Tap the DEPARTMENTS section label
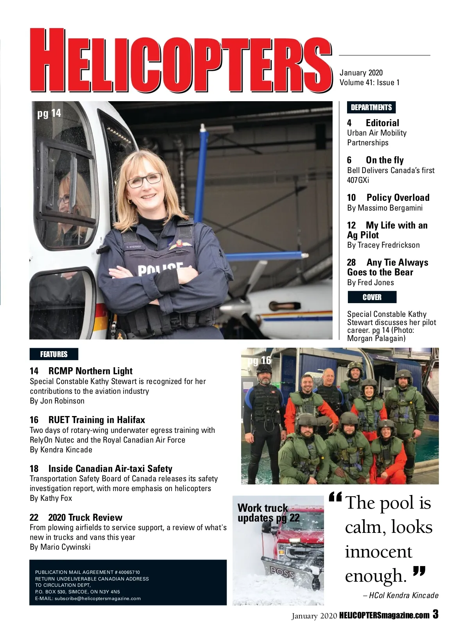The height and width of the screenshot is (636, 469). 371,107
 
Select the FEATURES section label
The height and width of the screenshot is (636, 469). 54,354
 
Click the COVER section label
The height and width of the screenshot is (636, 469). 372,297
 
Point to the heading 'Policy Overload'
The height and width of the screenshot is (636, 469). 397,198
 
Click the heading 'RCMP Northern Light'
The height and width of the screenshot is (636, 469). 90,371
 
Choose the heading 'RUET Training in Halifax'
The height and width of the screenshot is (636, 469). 97,420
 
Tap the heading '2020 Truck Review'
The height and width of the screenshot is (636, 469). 85,518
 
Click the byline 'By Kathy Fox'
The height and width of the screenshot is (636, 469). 51,498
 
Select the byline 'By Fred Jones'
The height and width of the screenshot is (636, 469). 371,282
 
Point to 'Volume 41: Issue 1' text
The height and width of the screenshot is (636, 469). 369,82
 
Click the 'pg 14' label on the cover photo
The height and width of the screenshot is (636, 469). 49,113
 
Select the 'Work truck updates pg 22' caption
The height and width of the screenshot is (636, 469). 269,513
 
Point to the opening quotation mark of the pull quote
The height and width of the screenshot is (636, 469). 335,497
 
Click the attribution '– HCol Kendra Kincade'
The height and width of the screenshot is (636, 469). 401,595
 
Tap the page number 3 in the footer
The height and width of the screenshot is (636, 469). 435,615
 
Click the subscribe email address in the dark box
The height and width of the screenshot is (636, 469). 98,598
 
